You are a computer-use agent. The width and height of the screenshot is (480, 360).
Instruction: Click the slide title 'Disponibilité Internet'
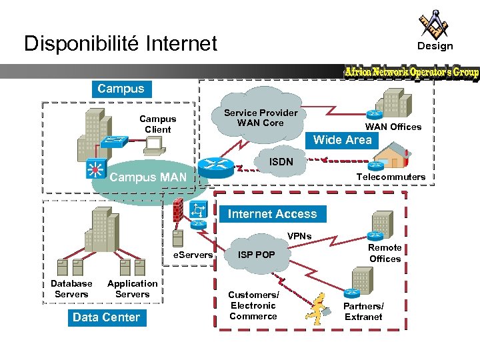121,44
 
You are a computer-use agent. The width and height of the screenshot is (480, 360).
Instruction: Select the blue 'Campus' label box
120,89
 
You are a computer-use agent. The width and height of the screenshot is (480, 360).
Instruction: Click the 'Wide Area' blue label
342,140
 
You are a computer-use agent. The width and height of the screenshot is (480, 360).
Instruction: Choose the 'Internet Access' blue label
272,214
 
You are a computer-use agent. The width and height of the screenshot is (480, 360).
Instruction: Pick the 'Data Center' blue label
106,317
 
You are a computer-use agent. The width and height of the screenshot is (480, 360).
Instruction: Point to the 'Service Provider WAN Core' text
261,118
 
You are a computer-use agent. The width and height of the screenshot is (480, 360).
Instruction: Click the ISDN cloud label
281,162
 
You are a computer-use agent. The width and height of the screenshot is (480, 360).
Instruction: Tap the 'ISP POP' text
257,255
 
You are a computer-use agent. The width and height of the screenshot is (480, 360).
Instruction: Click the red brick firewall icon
178,211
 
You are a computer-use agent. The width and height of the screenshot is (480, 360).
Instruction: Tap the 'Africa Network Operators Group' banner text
411,72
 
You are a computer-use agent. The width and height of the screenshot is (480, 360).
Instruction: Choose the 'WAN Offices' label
393,127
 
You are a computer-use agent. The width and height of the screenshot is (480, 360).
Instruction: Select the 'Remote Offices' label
385,253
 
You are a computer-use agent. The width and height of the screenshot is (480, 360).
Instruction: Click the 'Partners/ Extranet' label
363,311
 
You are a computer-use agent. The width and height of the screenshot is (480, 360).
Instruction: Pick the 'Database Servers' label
71,289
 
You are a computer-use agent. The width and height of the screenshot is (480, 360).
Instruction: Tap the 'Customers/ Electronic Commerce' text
253,305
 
